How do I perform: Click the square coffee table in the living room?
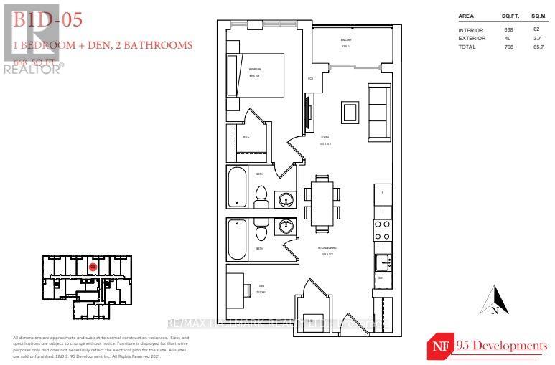tap(350, 112)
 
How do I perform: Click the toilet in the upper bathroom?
tap(261, 195)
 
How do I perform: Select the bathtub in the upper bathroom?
tap(237, 186)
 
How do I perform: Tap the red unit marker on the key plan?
tap(93, 267)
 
